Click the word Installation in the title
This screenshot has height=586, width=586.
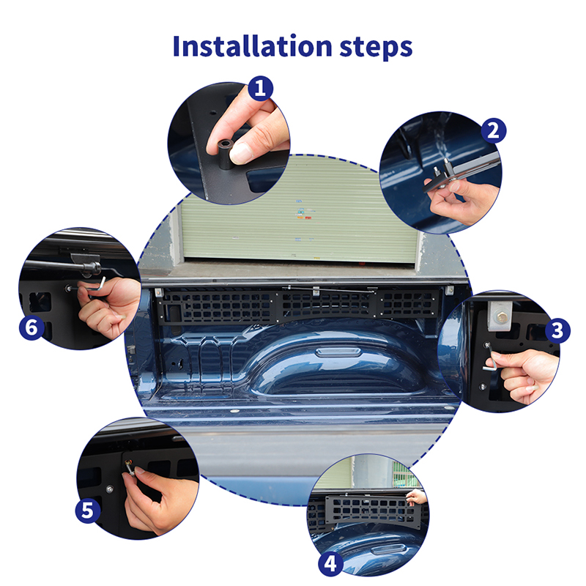tap(252, 46)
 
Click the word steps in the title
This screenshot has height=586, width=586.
tap(377, 48)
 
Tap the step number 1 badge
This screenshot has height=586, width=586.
tap(261, 88)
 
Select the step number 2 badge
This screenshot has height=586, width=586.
tap(493, 131)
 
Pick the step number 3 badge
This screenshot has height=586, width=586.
tap(557, 330)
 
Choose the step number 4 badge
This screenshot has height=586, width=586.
tap(330, 563)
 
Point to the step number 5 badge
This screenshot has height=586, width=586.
tap(88, 511)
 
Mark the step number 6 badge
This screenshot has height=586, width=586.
tap(31, 327)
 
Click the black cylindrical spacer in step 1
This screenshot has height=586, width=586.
tap(225, 154)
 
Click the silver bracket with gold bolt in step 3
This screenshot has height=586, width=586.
tap(500, 316)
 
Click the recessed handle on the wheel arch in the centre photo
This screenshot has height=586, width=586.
tap(338, 352)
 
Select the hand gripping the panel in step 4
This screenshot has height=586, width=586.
tap(418, 498)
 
